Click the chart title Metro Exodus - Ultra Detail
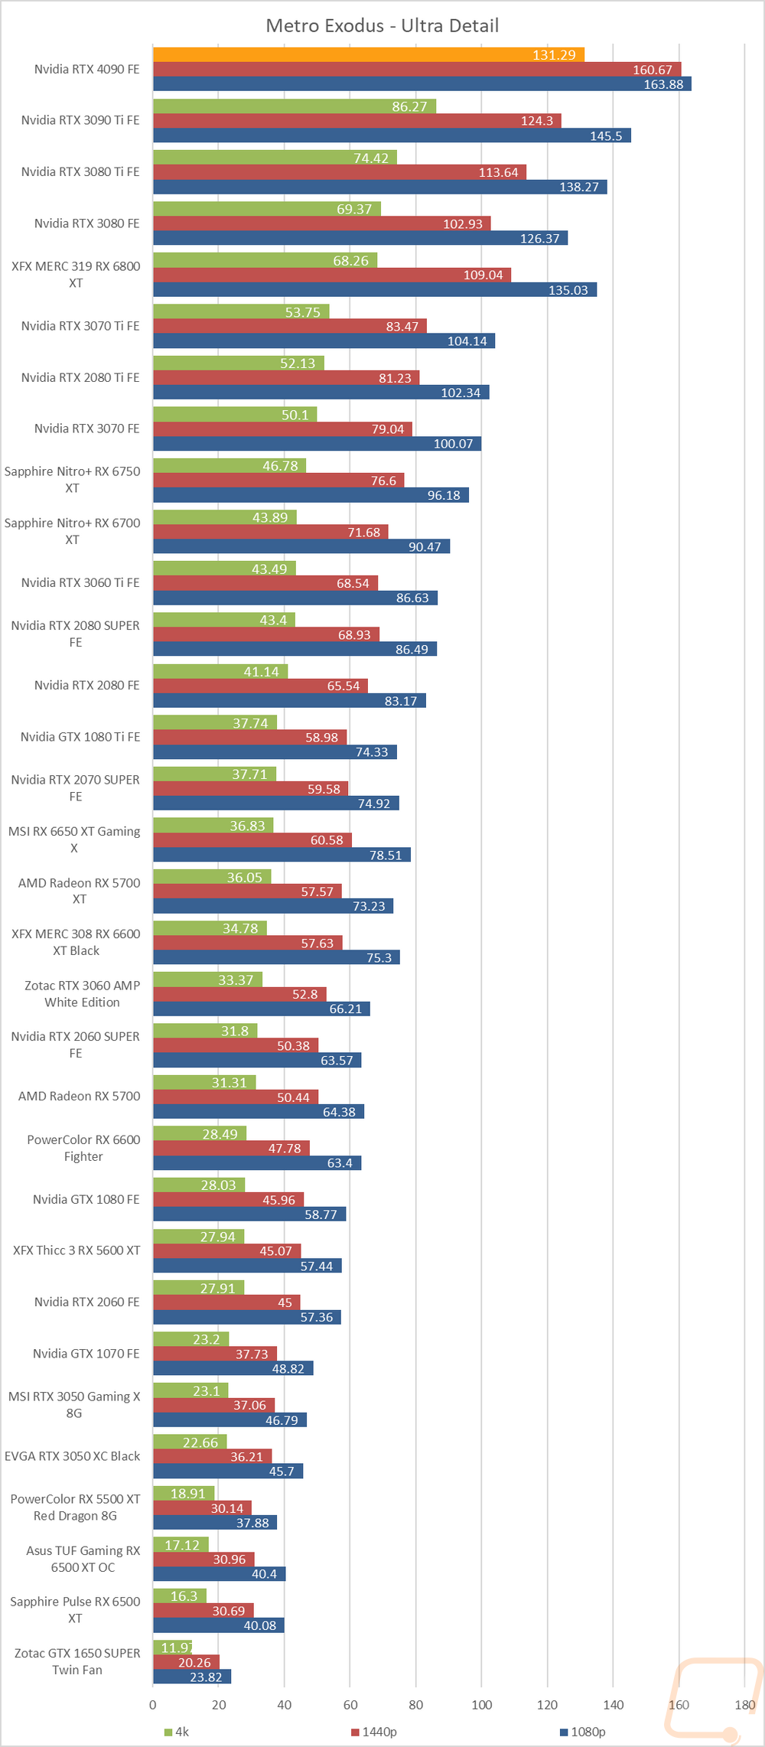click(382, 26)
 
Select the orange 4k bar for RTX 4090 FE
click(368, 54)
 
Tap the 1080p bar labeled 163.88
click(422, 84)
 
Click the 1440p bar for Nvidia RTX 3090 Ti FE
click(356, 121)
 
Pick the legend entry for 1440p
click(374, 1732)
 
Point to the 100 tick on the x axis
click(481, 1704)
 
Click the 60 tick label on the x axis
click(350, 1704)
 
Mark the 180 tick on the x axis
click(744, 1704)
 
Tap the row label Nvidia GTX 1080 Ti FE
click(80, 737)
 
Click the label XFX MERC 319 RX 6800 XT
click(76, 275)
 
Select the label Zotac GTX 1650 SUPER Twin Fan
click(77, 1661)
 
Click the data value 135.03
click(568, 290)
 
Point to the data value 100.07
click(453, 444)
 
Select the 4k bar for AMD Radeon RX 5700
click(204, 1082)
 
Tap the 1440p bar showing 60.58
click(252, 840)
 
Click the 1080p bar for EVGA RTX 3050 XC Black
click(227, 1471)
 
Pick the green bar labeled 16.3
click(179, 1595)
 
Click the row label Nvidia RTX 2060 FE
click(86, 1302)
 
